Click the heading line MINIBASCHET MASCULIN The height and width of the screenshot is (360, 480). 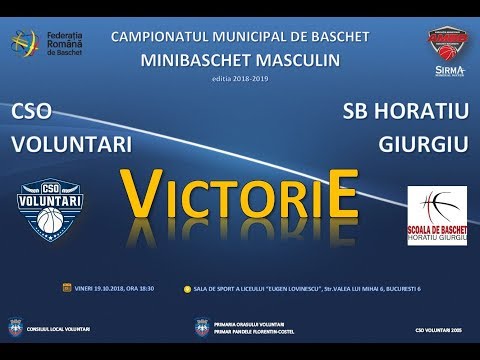coord(240,59)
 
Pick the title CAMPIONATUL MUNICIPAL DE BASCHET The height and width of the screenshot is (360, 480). coord(240,37)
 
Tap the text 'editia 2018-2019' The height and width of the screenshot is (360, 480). coord(240,78)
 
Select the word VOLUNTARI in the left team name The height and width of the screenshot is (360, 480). coord(71,143)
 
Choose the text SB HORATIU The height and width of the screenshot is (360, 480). coord(404,111)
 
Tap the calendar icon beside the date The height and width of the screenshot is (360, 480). coord(65,287)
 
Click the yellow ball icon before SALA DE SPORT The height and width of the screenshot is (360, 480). coord(187,288)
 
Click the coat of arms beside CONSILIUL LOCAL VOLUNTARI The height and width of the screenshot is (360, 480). coord(14,326)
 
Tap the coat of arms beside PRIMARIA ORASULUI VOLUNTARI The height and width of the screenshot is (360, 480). coord(203,326)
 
